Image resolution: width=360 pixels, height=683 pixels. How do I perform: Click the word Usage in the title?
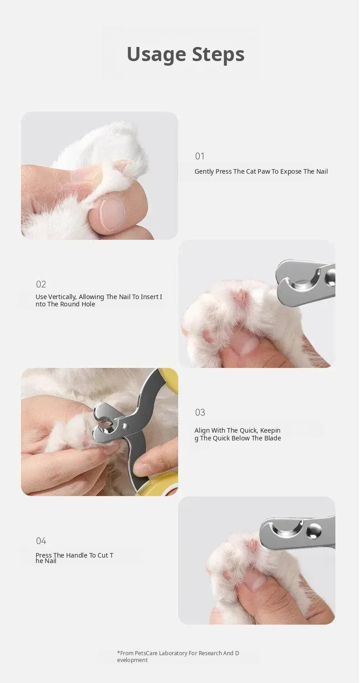tap(156, 55)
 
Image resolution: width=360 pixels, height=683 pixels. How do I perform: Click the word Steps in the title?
tap(218, 54)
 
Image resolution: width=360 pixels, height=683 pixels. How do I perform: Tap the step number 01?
tap(200, 156)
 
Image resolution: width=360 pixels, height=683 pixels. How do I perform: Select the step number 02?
tap(41, 284)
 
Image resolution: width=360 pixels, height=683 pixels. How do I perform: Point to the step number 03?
tap(200, 412)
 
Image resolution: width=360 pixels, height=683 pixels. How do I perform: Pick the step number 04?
tap(41, 541)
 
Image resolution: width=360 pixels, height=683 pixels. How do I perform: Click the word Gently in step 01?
tap(204, 172)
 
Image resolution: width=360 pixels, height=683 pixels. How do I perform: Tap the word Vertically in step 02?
tap(62, 297)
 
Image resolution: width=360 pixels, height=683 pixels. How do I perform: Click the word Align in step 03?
tap(202, 430)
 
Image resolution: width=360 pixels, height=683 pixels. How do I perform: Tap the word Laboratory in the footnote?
tap(173, 653)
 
